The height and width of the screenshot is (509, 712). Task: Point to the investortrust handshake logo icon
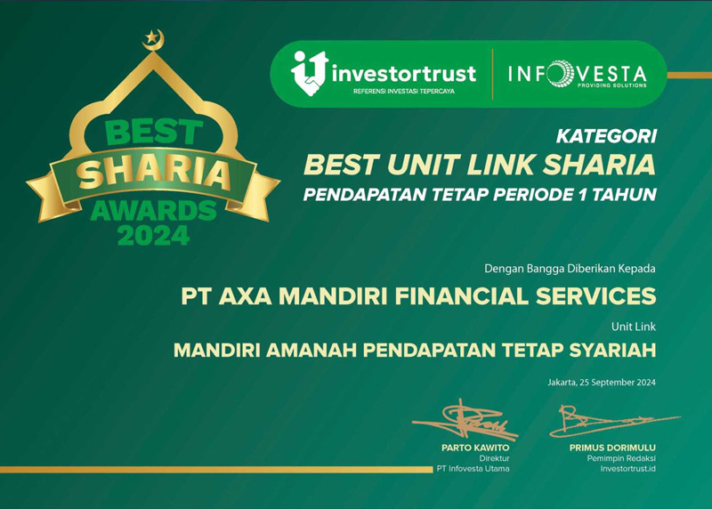pos(308,72)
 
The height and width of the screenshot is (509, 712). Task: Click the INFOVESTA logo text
pos(578,71)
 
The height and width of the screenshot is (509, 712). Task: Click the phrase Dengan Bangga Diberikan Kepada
pos(570,267)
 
